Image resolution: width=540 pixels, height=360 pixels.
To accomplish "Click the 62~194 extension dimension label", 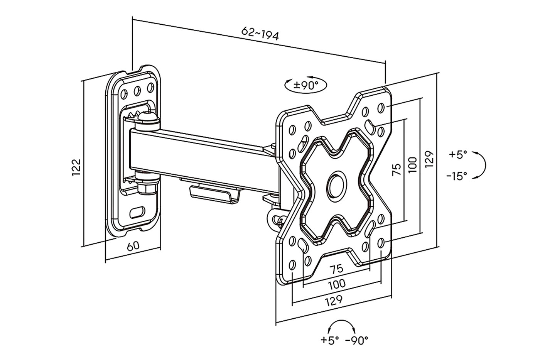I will click(260, 34).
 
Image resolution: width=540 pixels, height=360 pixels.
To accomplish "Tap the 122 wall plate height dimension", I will click(76, 167).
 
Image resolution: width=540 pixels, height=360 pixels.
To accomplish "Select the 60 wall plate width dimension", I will click(133, 246).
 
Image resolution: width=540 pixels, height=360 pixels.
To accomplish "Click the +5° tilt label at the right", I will click(458, 154).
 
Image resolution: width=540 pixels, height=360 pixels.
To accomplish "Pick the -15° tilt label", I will click(457, 176).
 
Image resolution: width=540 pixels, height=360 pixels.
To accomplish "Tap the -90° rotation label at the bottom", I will click(357, 340).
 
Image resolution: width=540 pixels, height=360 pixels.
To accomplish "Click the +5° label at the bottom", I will click(330, 340).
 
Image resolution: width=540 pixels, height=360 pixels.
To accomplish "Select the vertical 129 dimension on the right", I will click(430, 159).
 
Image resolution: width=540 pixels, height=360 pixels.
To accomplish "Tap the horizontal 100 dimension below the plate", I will click(337, 284).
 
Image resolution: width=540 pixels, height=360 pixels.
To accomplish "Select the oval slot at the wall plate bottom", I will click(138, 212).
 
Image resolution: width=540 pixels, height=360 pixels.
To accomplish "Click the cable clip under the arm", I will click(214, 193).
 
